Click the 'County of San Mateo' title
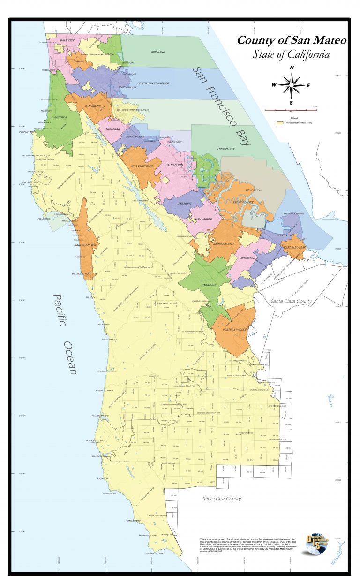pos(291,40)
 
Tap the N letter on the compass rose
pos(292,68)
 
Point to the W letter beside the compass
pos(274,85)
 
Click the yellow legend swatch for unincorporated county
pos(280,123)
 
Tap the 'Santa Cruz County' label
pos(222,499)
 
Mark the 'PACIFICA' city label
pos(60,117)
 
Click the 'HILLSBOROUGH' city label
pos(142,166)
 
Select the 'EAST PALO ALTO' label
pos(294,247)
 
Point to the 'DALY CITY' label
pos(68,41)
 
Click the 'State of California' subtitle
pos(291,54)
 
